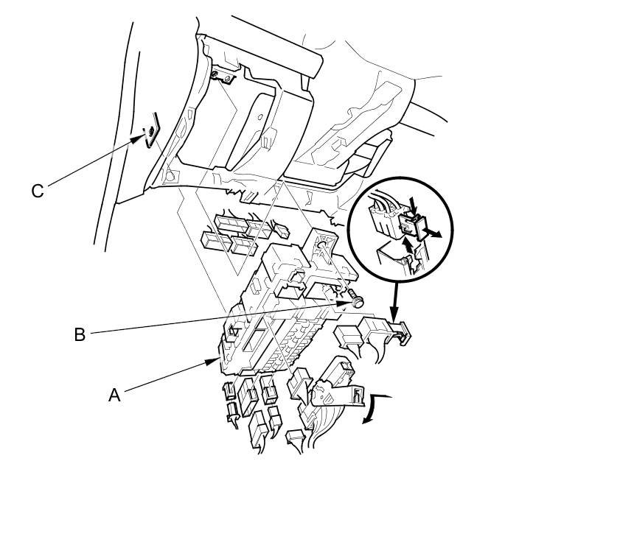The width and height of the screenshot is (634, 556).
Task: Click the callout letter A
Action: coord(114,395)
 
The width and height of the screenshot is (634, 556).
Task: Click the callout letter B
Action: coord(80,334)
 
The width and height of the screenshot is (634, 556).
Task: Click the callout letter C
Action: coord(38,191)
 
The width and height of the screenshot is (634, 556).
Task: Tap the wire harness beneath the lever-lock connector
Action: coord(324,427)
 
